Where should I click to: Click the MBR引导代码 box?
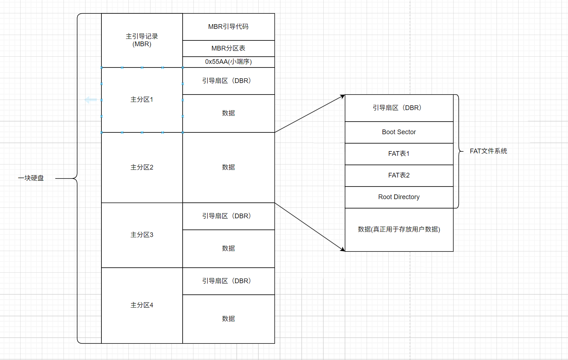[x=228, y=27]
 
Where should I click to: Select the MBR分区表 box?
[x=228, y=48]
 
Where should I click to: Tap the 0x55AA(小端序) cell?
[x=228, y=62]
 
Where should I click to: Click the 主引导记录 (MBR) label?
[x=142, y=40]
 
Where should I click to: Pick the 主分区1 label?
[x=142, y=100]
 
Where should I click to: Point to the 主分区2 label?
[x=142, y=167]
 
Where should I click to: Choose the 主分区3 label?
[x=142, y=235]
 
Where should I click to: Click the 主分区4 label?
[x=142, y=305]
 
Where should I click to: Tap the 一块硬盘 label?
[x=31, y=178]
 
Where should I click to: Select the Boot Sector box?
[x=399, y=132]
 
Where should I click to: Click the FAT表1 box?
[x=399, y=154]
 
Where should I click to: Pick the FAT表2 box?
[x=399, y=175]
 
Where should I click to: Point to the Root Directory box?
[x=399, y=197]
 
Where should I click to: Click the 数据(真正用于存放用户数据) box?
[x=399, y=229]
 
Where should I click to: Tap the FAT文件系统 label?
[x=488, y=151]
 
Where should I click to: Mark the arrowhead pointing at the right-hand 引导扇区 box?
[x=342, y=96]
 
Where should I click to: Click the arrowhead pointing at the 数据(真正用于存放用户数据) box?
[x=342, y=249]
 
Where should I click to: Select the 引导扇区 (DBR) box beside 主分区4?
[x=228, y=281]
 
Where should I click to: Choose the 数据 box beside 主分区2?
[x=228, y=167]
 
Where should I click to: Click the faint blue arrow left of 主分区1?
[x=91, y=100]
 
